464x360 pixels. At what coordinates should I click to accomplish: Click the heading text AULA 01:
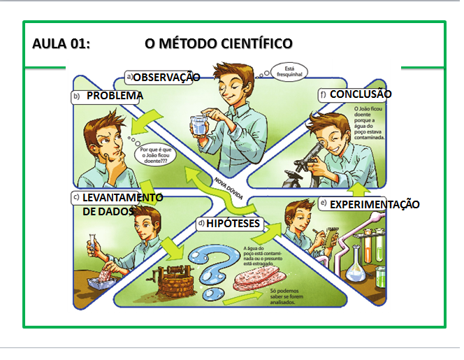(x=61, y=44)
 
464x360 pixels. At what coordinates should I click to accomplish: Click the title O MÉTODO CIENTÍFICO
(x=218, y=44)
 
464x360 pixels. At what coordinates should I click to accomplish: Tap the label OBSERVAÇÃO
(x=166, y=77)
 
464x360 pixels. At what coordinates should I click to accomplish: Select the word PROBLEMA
(x=115, y=96)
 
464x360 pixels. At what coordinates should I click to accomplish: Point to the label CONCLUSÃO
(x=361, y=94)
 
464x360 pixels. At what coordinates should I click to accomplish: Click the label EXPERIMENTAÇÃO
(x=375, y=204)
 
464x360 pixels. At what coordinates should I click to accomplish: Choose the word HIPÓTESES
(x=233, y=224)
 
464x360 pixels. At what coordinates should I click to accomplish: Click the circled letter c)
(x=76, y=198)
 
